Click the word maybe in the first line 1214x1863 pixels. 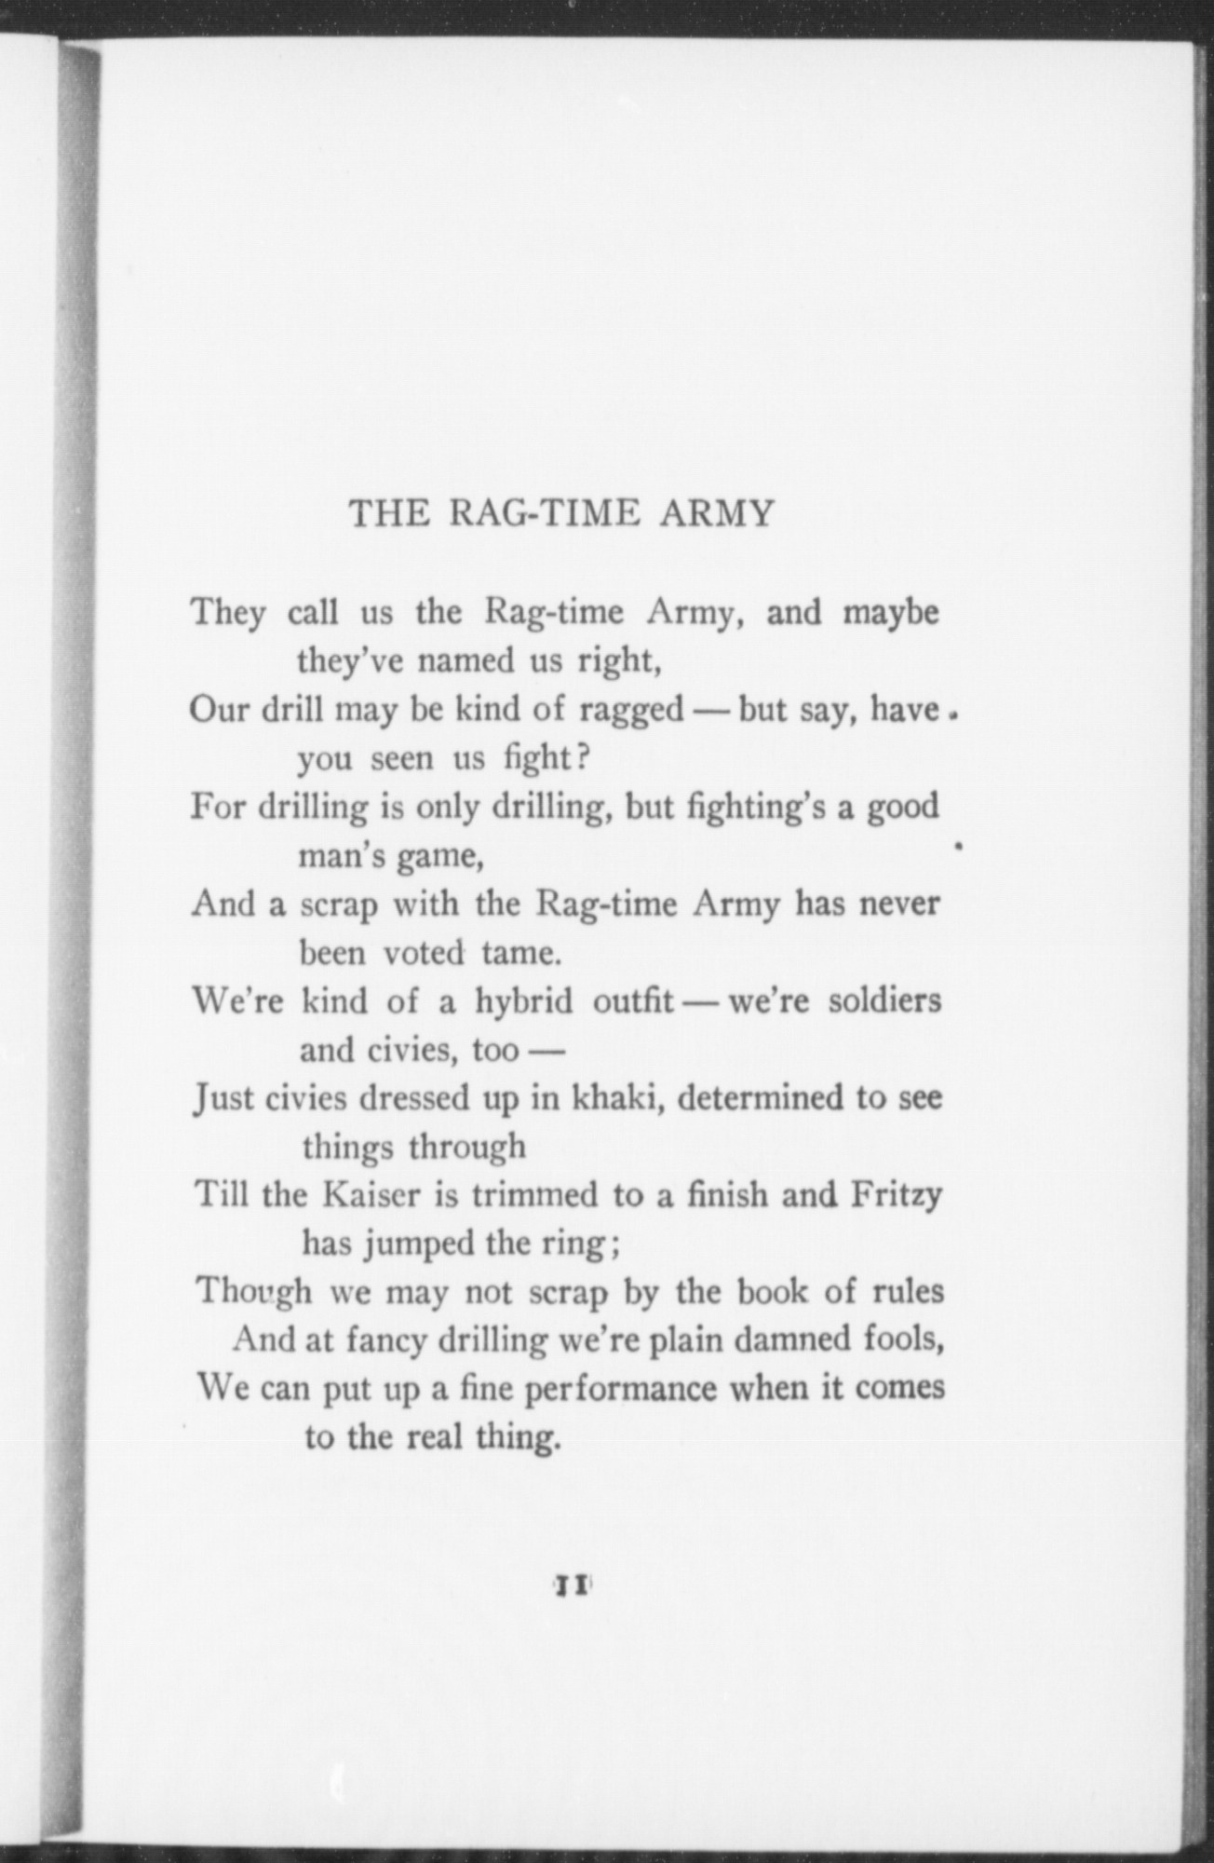click(891, 614)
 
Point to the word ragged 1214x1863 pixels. click(631, 711)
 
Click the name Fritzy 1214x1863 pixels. click(897, 1195)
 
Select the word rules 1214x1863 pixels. click(909, 1293)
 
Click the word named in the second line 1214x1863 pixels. click(465, 661)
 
